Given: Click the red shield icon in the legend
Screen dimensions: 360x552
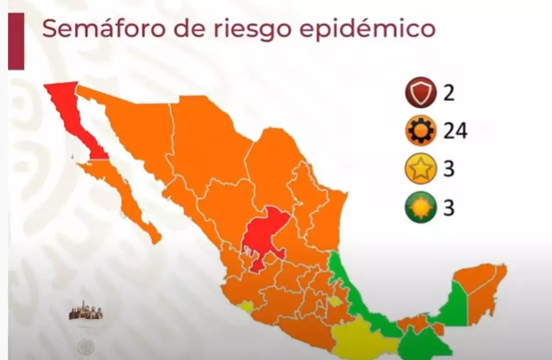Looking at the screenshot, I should pyautogui.click(x=420, y=92).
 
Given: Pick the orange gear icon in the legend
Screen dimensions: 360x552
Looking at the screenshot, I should pyautogui.click(x=420, y=131).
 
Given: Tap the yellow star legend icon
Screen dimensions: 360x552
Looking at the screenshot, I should pyautogui.click(x=420, y=169).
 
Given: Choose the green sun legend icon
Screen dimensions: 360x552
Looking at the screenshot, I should pyautogui.click(x=420, y=208).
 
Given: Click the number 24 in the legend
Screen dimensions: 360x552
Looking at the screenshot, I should pyautogui.click(x=455, y=131).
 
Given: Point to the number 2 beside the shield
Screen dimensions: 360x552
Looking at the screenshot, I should pyautogui.click(x=449, y=93).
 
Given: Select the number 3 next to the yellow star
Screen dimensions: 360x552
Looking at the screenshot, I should pyautogui.click(x=449, y=169).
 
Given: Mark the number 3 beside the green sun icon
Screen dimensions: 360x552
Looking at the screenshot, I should pyautogui.click(x=449, y=208).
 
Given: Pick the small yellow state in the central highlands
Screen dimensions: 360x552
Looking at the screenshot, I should pyautogui.click(x=335, y=302).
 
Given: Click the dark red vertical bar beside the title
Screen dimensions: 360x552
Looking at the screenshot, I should pyautogui.click(x=16, y=41).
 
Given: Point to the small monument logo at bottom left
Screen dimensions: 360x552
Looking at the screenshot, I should pyautogui.click(x=86, y=311).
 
